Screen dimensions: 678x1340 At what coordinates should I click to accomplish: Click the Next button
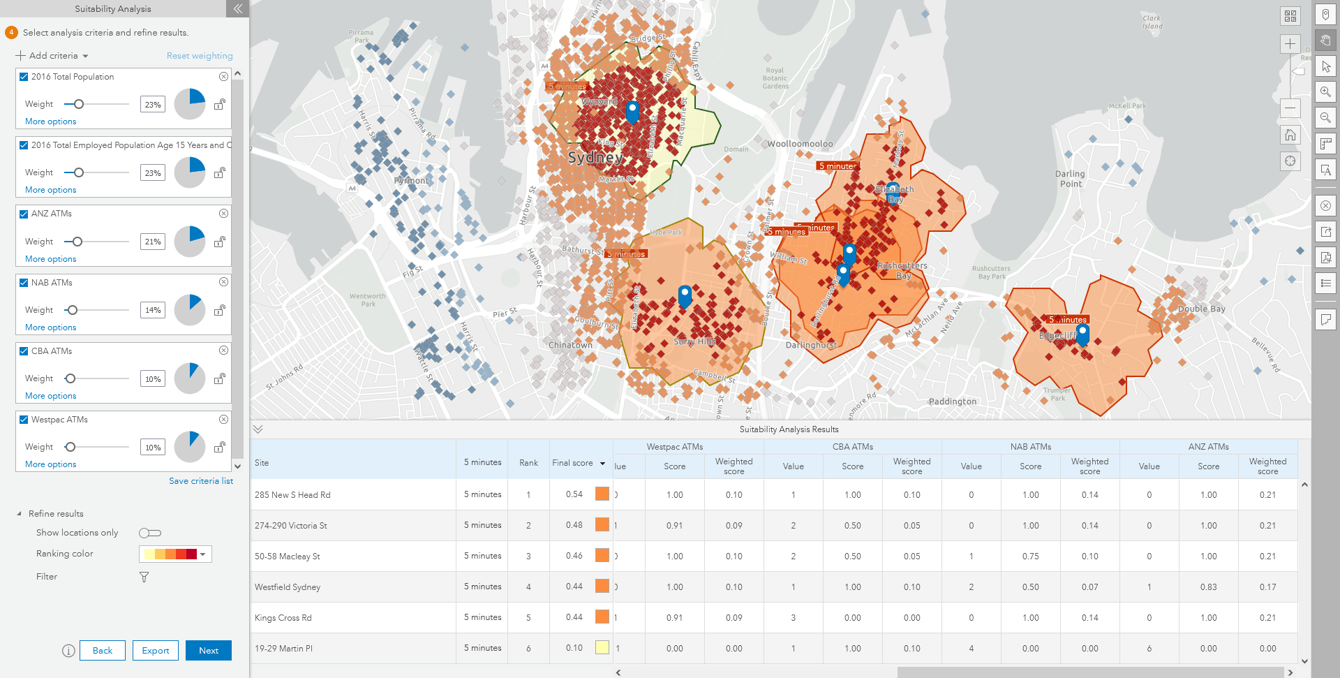[x=208, y=650]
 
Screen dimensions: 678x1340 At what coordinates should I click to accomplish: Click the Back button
[x=102, y=650]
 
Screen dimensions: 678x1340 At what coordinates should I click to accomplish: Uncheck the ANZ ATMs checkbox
[x=24, y=214]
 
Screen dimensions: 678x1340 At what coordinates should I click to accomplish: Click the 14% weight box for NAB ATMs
[x=153, y=310]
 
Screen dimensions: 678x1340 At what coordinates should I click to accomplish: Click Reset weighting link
[x=200, y=56]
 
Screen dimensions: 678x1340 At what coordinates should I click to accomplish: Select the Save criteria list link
[x=201, y=481]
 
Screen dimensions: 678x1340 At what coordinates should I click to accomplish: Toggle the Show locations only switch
[x=149, y=533]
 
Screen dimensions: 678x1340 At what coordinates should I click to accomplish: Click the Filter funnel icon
[x=144, y=577]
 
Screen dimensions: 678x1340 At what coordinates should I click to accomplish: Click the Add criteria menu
[x=53, y=56]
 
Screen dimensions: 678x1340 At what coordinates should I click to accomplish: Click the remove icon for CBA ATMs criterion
[x=223, y=351]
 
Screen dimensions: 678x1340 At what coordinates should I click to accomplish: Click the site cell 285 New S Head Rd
[x=292, y=494]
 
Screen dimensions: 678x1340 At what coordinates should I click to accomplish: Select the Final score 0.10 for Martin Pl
[x=574, y=648]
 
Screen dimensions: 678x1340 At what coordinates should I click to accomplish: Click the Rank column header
[x=528, y=463]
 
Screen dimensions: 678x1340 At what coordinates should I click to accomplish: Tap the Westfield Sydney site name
[x=288, y=587]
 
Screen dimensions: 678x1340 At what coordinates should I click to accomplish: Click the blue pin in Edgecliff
[x=1082, y=333]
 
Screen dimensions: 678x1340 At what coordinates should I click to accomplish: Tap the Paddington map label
[x=952, y=401]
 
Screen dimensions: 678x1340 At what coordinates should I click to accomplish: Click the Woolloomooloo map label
[x=800, y=144]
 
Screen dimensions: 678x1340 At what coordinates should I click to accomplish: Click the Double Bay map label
[x=1201, y=309]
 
